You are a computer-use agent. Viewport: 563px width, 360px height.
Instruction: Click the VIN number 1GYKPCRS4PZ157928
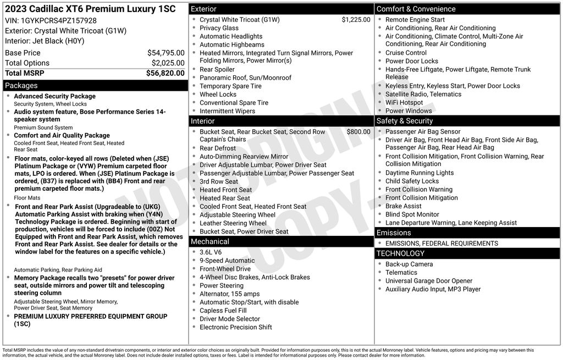tap(59, 20)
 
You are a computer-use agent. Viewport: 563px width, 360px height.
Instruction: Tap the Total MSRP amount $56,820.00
tap(167, 73)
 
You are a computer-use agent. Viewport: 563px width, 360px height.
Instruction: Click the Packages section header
tap(21, 86)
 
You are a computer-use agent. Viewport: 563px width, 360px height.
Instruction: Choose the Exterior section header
tap(203, 9)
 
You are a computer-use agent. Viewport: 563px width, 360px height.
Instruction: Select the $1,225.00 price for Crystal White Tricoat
tap(356, 20)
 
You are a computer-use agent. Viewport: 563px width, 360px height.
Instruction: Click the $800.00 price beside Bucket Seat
tap(358, 132)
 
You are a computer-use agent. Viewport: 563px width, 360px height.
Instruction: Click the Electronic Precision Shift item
tap(235, 328)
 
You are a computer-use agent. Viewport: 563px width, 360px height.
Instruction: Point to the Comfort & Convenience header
tap(416, 9)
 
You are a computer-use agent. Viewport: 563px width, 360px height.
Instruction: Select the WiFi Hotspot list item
tap(404, 103)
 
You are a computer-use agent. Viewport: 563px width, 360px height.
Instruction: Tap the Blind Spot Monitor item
tap(412, 215)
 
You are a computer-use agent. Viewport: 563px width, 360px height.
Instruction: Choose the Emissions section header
tap(394, 233)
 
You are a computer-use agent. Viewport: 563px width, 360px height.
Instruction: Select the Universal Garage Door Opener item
tap(428, 281)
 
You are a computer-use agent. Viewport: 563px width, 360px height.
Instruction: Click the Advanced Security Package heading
tap(54, 97)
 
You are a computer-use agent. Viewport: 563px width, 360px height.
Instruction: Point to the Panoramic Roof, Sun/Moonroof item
tap(245, 78)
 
